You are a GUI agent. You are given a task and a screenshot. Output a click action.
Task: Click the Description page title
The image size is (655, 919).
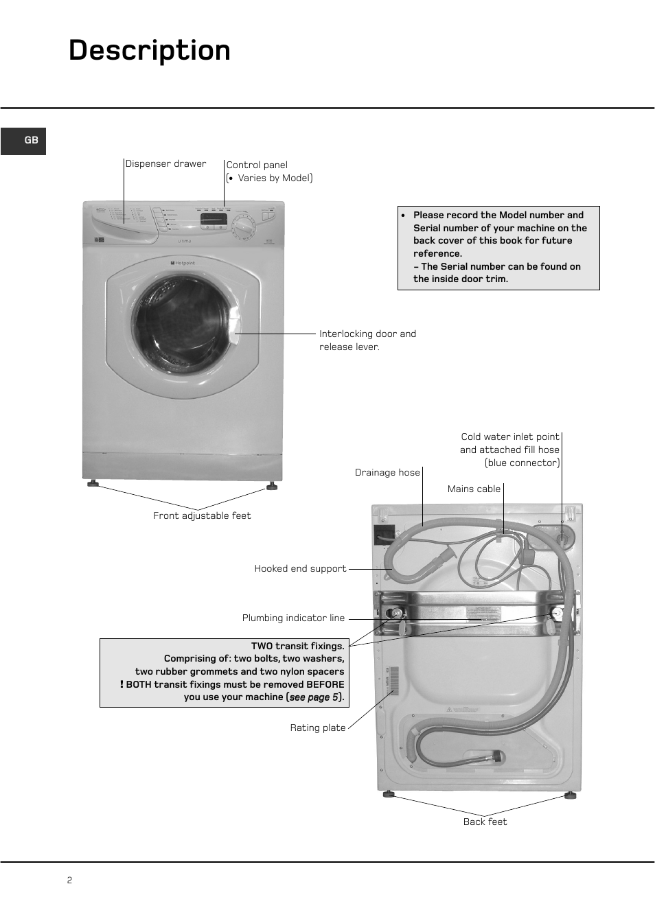pyautogui.click(x=150, y=51)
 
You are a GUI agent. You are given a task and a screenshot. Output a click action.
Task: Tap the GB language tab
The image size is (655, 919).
pyautogui.click(x=31, y=141)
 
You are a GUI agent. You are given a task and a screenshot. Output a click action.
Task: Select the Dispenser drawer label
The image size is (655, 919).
pyautogui.click(x=165, y=164)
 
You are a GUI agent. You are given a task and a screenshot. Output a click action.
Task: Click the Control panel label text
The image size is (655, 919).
pyautogui.click(x=257, y=165)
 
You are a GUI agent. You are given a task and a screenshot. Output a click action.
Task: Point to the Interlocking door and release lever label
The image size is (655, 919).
pyautogui.click(x=367, y=340)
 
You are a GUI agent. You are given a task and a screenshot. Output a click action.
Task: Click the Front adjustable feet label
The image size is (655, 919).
pyautogui.click(x=202, y=516)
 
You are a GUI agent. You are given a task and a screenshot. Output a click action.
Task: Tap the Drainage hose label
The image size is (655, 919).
pyautogui.click(x=387, y=473)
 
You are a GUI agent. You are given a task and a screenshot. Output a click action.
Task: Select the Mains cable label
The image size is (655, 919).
pyautogui.click(x=474, y=489)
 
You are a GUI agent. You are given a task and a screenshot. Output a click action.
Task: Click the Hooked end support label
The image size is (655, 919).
pyautogui.click(x=300, y=569)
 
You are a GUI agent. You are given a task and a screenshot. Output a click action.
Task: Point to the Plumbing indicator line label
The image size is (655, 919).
pyautogui.click(x=293, y=618)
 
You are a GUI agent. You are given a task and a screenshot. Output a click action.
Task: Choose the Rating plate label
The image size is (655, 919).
pyautogui.click(x=318, y=728)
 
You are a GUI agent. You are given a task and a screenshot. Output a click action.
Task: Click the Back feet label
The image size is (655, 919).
pyautogui.click(x=485, y=822)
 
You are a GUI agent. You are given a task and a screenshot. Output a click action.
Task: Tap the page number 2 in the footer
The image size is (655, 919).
pyautogui.click(x=69, y=881)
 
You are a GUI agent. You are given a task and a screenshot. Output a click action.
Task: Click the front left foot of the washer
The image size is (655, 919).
pyautogui.click(x=93, y=484)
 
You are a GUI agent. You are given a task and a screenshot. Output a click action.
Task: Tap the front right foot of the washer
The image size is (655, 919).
pyautogui.click(x=272, y=486)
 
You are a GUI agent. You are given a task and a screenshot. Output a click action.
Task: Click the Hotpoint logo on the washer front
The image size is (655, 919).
pyautogui.click(x=183, y=263)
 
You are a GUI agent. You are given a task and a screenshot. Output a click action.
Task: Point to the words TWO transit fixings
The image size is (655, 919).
pyautogui.click(x=297, y=647)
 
